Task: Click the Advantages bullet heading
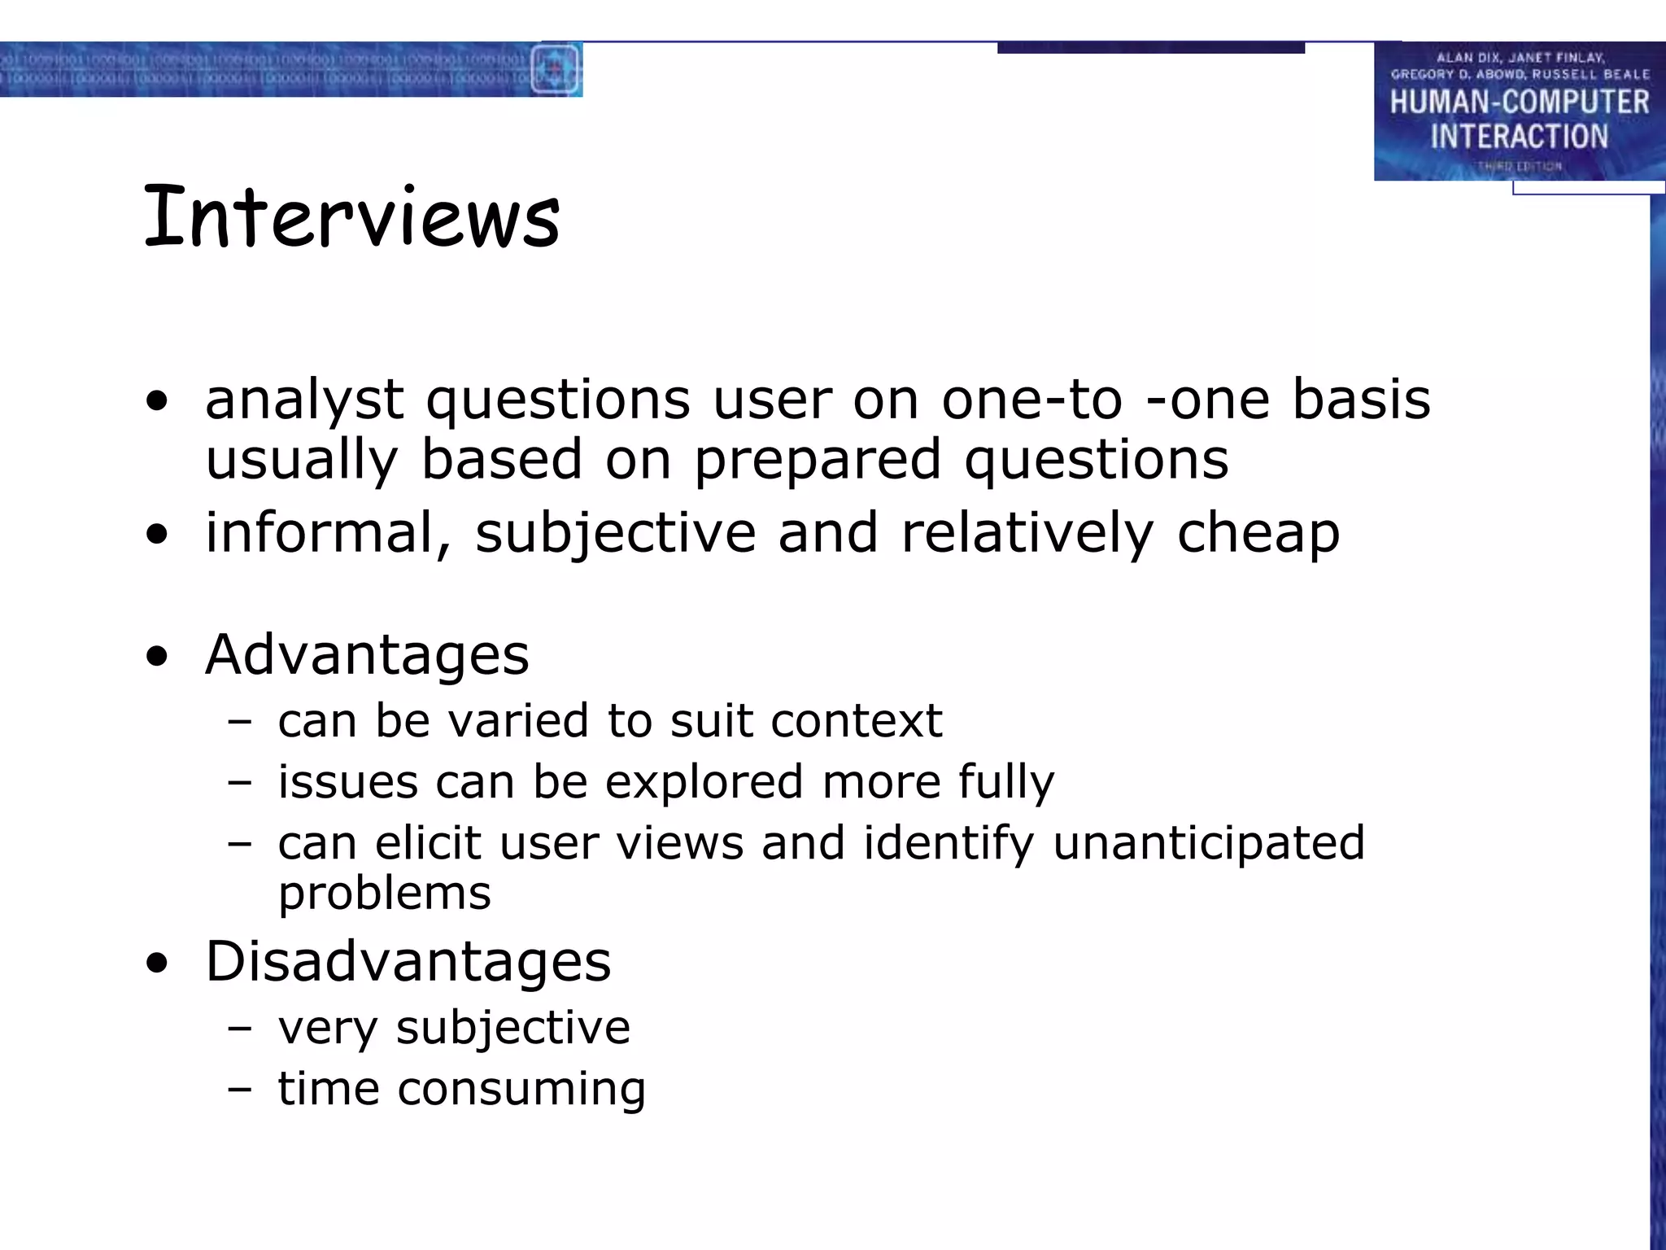click(x=367, y=655)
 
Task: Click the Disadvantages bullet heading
click(x=408, y=962)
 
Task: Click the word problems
click(x=385, y=893)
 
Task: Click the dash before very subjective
click(x=240, y=1028)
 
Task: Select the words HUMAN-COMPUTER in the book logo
click(x=1519, y=103)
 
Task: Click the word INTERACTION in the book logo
click(x=1519, y=137)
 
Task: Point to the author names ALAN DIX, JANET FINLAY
click(x=1520, y=58)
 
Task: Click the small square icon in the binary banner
click(x=556, y=69)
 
